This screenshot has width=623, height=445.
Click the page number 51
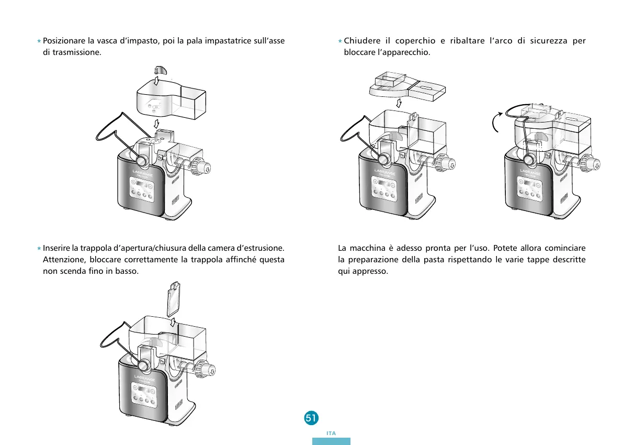click(310, 418)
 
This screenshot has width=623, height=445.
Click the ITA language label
click(331, 433)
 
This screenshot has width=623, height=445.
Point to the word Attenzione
click(63, 260)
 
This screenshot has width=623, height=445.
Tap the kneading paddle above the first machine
click(160, 71)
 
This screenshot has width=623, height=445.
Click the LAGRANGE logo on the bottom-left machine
click(144, 378)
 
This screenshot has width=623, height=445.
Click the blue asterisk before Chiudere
click(339, 41)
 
